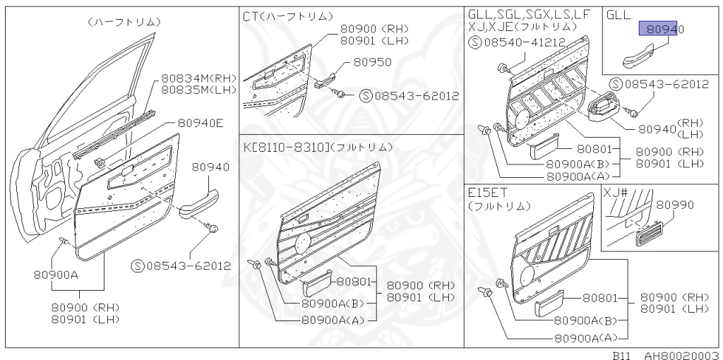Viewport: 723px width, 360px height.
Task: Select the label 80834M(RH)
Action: [198, 78]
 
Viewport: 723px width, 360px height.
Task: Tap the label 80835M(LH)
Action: [198, 90]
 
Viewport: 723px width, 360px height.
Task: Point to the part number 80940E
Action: [200, 123]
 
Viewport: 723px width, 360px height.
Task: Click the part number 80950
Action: [372, 62]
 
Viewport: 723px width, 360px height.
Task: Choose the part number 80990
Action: [674, 205]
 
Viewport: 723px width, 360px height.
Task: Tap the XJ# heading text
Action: [616, 192]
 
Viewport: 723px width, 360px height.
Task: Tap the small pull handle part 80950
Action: [325, 81]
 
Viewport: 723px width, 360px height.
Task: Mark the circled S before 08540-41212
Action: [475, 42]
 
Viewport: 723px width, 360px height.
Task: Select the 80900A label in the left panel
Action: [55, 275]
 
